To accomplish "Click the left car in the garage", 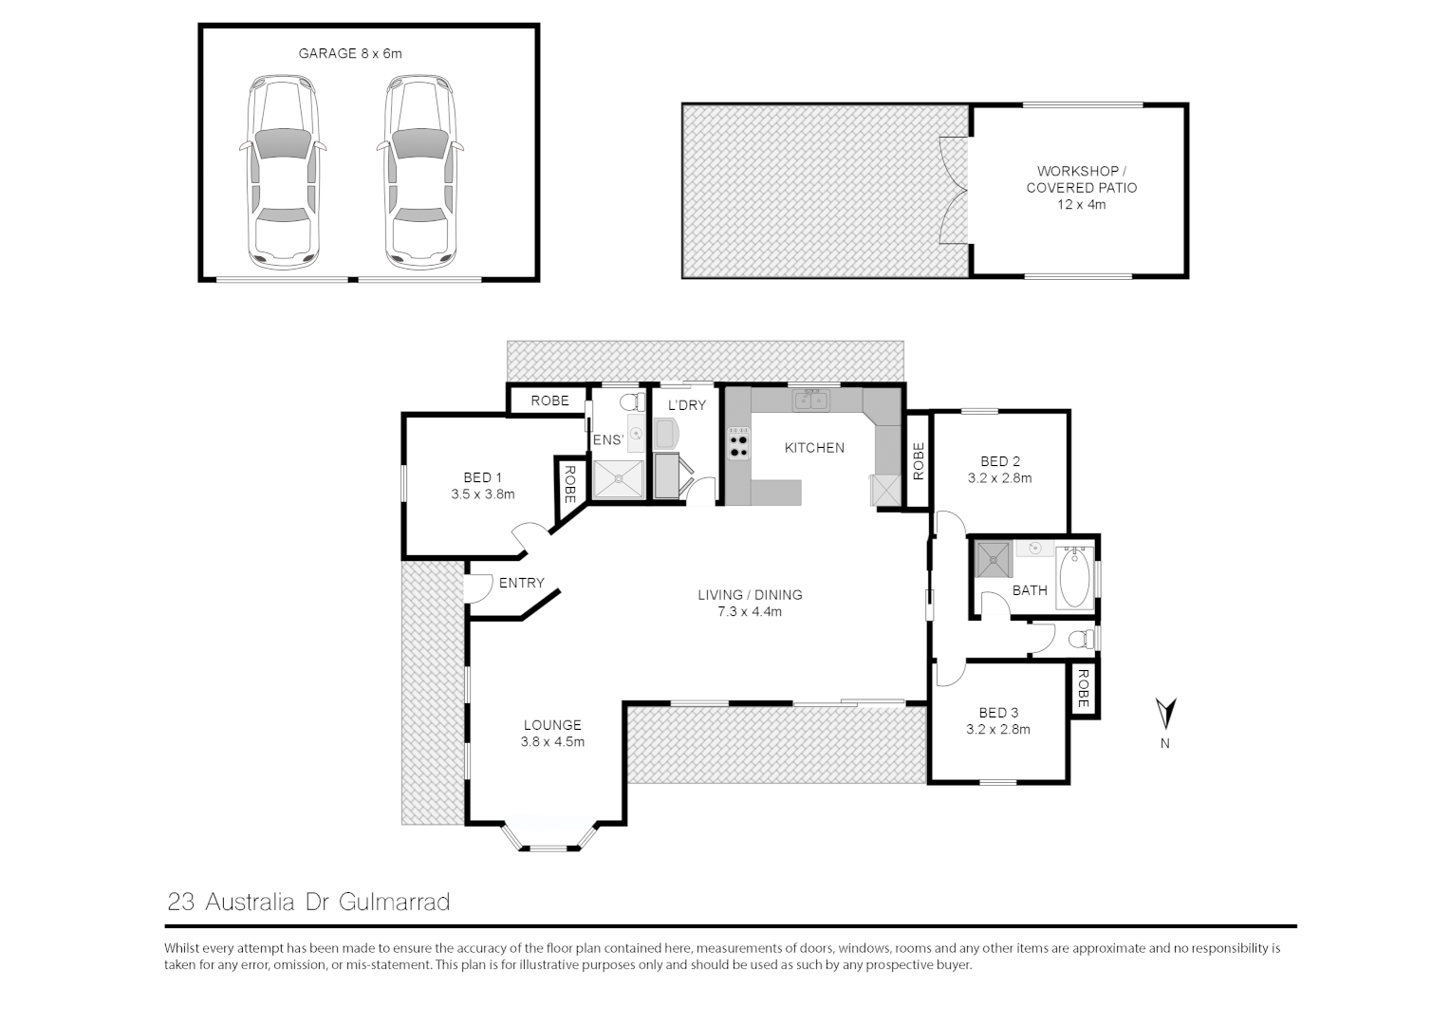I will coord(283,172).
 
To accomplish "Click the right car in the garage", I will coord(418,172).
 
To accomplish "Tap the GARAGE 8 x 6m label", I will coord(350,54).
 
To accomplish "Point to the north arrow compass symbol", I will coord(1165,713).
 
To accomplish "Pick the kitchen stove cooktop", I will coord(738,443).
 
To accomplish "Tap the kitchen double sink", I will coord(811,401).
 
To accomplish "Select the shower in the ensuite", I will coord(618,479).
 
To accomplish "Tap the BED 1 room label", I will coord(482,477).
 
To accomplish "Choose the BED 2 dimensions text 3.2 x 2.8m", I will coord(999,478).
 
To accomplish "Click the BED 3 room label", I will coord(998,713).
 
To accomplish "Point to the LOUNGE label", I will coord(551,725).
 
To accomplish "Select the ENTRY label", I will coord(521,583).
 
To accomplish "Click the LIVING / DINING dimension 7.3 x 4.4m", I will coord(750,612).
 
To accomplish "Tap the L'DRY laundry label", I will coord(687,405).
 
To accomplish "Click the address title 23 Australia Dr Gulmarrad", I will coord(308,902).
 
